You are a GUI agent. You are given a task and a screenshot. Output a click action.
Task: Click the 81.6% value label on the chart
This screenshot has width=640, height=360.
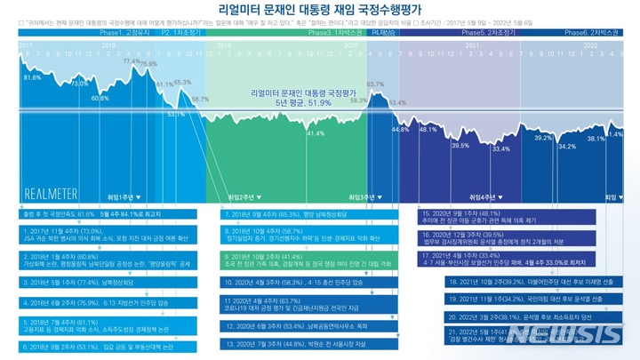[32, 78]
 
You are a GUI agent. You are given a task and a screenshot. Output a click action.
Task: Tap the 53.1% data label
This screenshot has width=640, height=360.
[175, 114]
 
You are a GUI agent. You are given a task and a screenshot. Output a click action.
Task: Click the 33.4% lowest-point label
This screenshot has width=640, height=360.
[500, 149]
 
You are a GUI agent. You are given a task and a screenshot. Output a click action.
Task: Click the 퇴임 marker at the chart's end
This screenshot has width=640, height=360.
[611, 196]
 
